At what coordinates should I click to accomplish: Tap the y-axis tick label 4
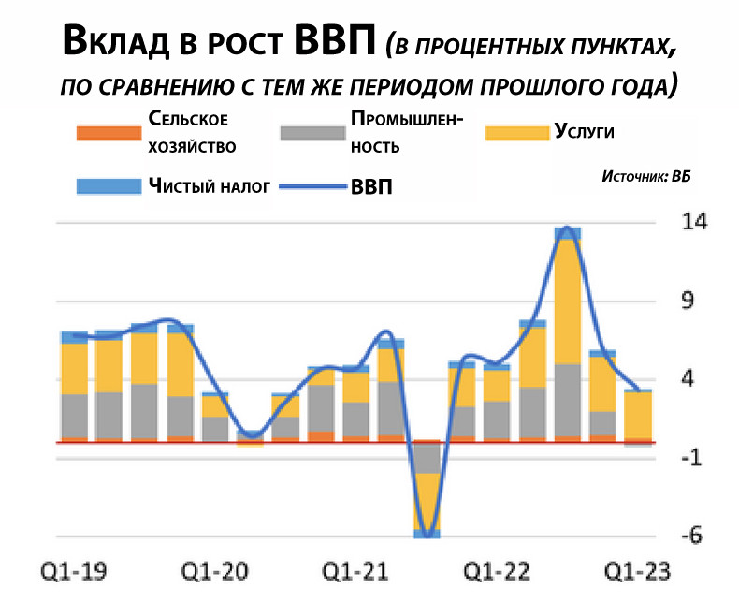tap(688, 379)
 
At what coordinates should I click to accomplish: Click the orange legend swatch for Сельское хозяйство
tap(104, 133)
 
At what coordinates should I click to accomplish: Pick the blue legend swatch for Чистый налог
tap(104, 185)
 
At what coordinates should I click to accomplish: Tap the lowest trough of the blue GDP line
tap(427, 535)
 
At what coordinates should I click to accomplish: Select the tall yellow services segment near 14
tap(568, 301)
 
